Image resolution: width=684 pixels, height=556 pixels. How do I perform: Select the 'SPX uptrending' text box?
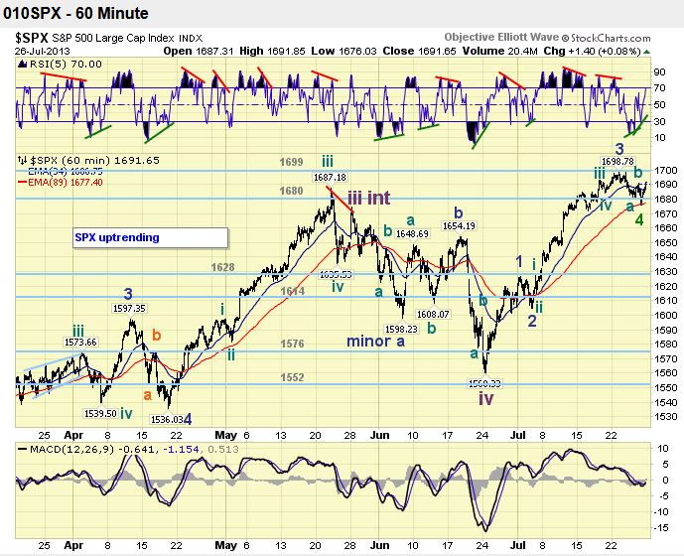[x=116, y=238]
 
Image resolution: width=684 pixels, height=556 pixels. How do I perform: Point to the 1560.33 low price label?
[x=484, y=381]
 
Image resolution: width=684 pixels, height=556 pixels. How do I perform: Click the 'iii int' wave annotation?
[x=367, y=198]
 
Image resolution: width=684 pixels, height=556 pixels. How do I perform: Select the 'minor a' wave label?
[x=375, y=341]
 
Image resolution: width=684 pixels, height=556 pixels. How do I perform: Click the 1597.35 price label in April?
[x=129, y=309]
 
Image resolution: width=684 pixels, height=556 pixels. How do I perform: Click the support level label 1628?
[x=222, y=267]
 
